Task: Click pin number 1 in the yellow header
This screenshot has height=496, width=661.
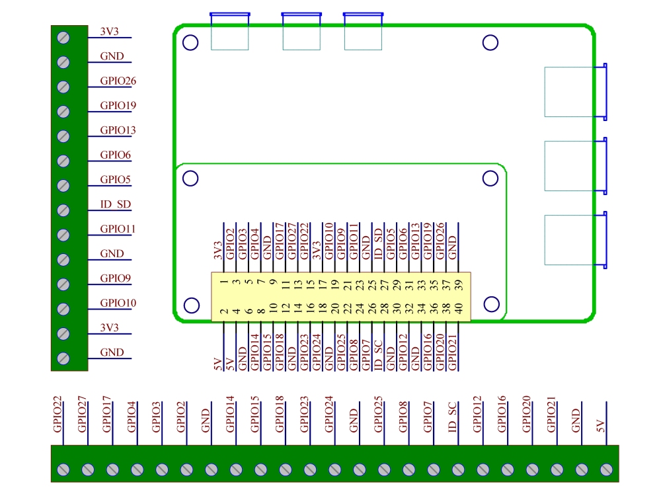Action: pos(224,282)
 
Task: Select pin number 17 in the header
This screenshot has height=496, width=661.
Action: pos(322,282)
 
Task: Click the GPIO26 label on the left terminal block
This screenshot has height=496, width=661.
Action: pos(118,81)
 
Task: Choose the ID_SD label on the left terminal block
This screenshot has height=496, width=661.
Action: pos(115,204)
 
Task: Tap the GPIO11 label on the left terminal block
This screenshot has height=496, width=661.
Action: pos(118,229)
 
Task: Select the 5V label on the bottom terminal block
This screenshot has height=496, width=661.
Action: pos(600,424)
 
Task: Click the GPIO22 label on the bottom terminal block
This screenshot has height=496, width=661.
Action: pos(58,414)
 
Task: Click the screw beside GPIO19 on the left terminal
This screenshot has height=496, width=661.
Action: pos(64,111)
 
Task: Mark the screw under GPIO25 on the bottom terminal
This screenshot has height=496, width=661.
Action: pos(383,470)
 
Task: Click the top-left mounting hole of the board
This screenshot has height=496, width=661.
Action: pos(190,43)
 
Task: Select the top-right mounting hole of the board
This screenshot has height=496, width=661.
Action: pos(490,43)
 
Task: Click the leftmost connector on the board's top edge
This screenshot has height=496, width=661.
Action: pos(229,31)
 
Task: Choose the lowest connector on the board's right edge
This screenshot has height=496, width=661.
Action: pos(574,239)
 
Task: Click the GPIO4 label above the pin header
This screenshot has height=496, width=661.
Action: pos(254,243)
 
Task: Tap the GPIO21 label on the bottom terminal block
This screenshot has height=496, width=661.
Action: pos(551,415)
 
